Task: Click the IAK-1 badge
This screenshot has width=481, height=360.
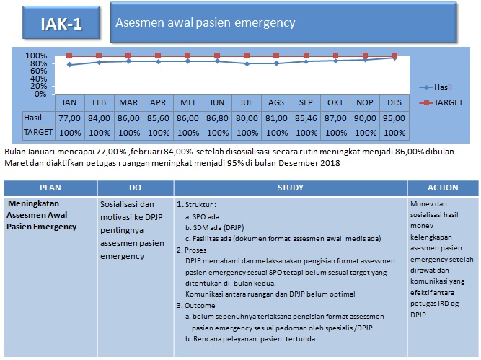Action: (61, 23)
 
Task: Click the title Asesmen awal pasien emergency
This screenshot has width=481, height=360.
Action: (206, 23)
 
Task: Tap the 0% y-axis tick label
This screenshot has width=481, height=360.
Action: (40, 94)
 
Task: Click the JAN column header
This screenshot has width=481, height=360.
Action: (69, 102)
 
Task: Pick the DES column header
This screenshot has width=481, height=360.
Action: (394, 102)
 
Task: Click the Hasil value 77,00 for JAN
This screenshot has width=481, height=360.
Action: (69, 118)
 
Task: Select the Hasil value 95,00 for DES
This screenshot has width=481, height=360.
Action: (394, 118)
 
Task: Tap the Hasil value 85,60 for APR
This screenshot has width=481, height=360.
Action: (158, 118)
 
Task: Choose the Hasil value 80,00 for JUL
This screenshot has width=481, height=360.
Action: (247, 118)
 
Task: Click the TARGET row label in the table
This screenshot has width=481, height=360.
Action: (37, 132)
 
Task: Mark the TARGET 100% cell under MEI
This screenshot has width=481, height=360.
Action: (187, 132)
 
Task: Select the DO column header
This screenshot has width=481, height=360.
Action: (135, 188)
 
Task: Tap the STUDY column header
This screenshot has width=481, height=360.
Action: (290, 188)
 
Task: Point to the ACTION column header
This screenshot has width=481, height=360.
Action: (443, 188)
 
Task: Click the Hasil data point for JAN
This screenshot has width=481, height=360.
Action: (69, 65)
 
